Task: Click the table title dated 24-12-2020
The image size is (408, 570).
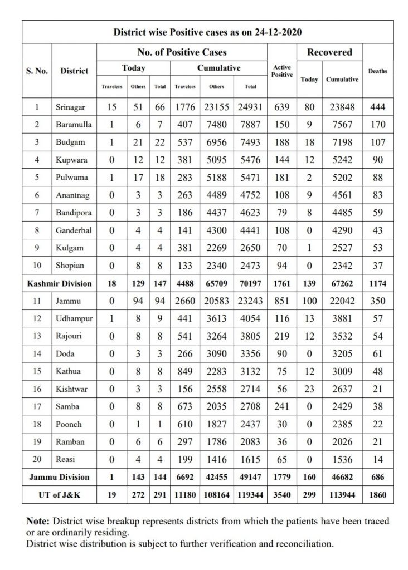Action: (x=207, y=32)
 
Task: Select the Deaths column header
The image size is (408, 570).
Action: (x=378, y=71)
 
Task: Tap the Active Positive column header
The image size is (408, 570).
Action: (x=282, y=71)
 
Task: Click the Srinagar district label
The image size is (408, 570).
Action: (x=71, y=106)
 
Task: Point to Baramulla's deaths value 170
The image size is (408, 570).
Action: (x=378, y=124)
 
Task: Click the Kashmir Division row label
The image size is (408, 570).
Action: (x=60, y=283)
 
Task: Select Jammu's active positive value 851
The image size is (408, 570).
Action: (x=282, y=301)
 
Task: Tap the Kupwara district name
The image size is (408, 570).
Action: (x=70, y=160)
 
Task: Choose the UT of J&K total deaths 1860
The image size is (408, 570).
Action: (x=378, y=495)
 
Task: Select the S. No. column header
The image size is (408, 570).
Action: (x=37, y=71)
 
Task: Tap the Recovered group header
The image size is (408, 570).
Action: (x=329, y=52)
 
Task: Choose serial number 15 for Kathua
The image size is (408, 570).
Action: (x=37, y=371)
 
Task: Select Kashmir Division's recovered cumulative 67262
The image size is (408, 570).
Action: (x=342, y=283)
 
